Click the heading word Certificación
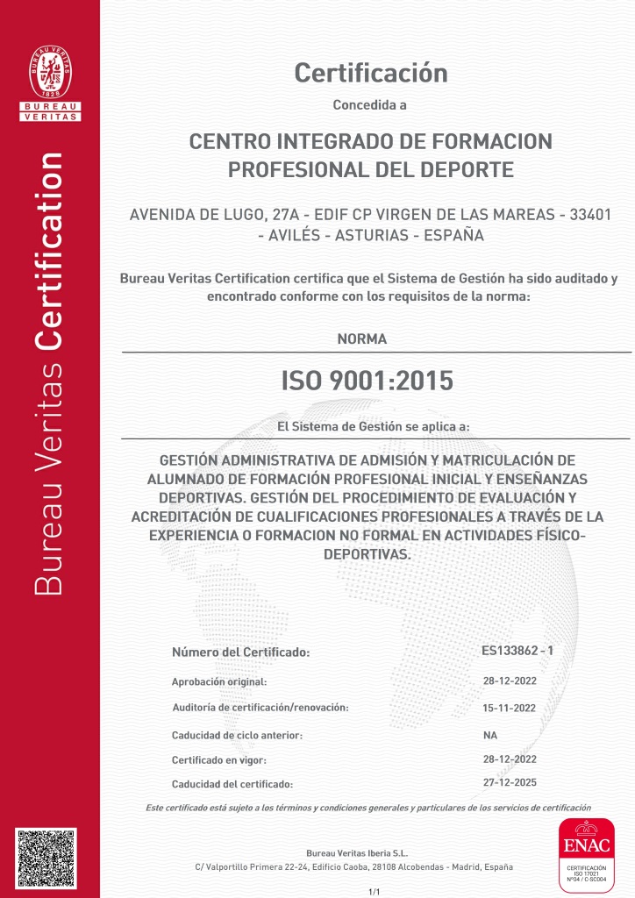371,73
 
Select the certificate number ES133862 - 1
517,651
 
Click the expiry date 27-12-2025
510,782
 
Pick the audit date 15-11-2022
510,707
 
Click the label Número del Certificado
241,652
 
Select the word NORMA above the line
361,339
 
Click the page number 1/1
374,891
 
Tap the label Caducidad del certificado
232,784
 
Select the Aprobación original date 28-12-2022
510,681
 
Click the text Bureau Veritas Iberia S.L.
357,852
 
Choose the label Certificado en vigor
218,759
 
